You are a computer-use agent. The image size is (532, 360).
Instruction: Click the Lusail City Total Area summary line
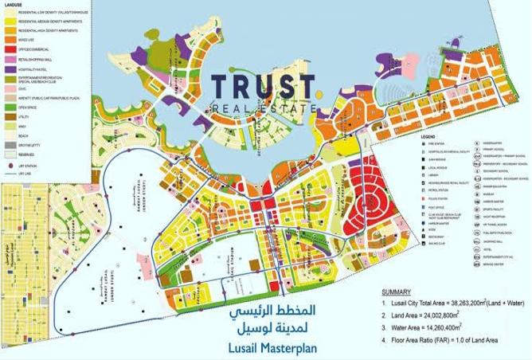[447, 304]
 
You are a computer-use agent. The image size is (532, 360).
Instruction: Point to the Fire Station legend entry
[422, 143]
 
